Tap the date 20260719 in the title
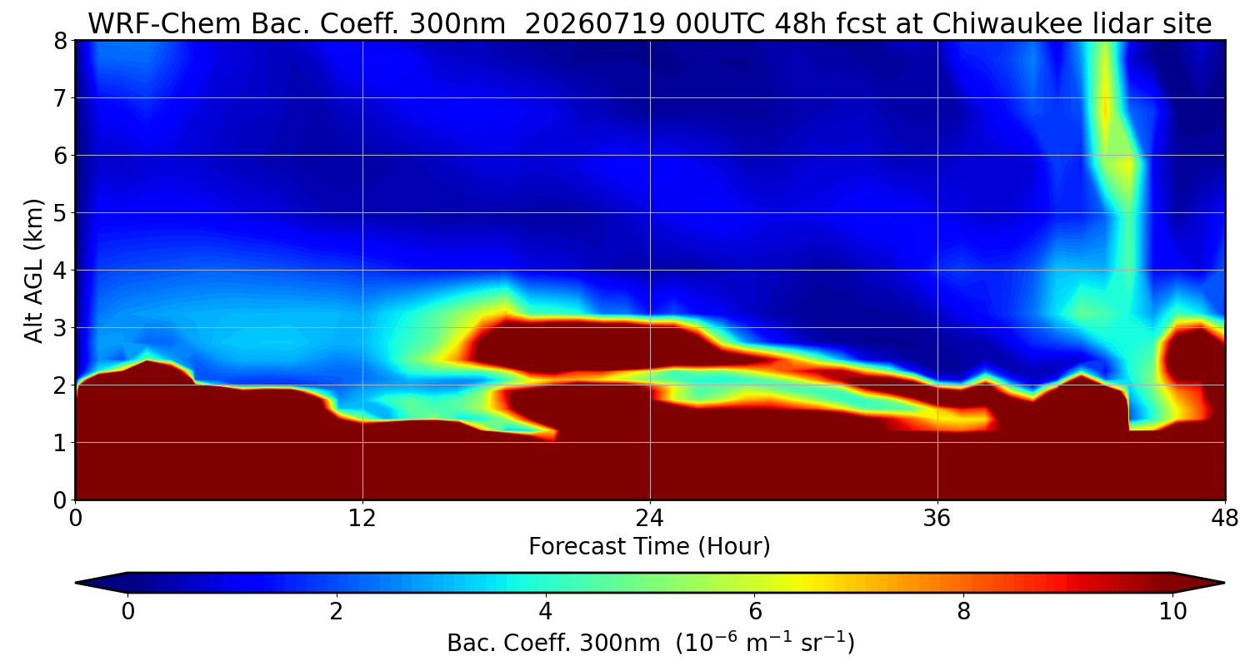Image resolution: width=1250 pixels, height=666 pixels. (x=595, y=24)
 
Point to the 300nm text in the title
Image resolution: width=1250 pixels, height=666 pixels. (x=457, y=24)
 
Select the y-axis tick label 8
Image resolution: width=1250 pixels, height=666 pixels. (x=60, y=42)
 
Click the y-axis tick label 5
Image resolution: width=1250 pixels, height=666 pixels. (x=60, y=213)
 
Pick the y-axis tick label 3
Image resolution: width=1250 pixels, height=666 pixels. (x=60, y=328)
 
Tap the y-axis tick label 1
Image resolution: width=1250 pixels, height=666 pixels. (x=60, y=443)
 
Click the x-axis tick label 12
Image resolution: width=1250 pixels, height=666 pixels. (x=362, y=519)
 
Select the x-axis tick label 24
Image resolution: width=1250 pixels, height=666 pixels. (x=649, y=519)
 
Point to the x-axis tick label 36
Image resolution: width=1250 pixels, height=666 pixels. (x=937, y=519)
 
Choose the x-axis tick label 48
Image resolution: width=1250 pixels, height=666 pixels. (x=1224, y=519)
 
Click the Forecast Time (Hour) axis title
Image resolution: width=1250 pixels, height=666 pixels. (x=649, y=547)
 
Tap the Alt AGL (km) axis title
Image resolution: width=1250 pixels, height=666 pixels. (x=33, y=271)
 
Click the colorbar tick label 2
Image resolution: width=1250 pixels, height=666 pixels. (x=336, y=612)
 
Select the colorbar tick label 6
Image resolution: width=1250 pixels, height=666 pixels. (x=754, y=612)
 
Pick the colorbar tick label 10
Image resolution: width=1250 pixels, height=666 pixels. (x=1172, y=612)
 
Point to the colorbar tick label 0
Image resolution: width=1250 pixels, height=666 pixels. (x=127, y=612)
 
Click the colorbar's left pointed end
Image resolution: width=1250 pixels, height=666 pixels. (x=77, y=583)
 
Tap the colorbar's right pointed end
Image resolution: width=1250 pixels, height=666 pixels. (x=1224, y=583)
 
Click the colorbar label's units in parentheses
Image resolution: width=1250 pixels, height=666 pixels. (x=765, y=644)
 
